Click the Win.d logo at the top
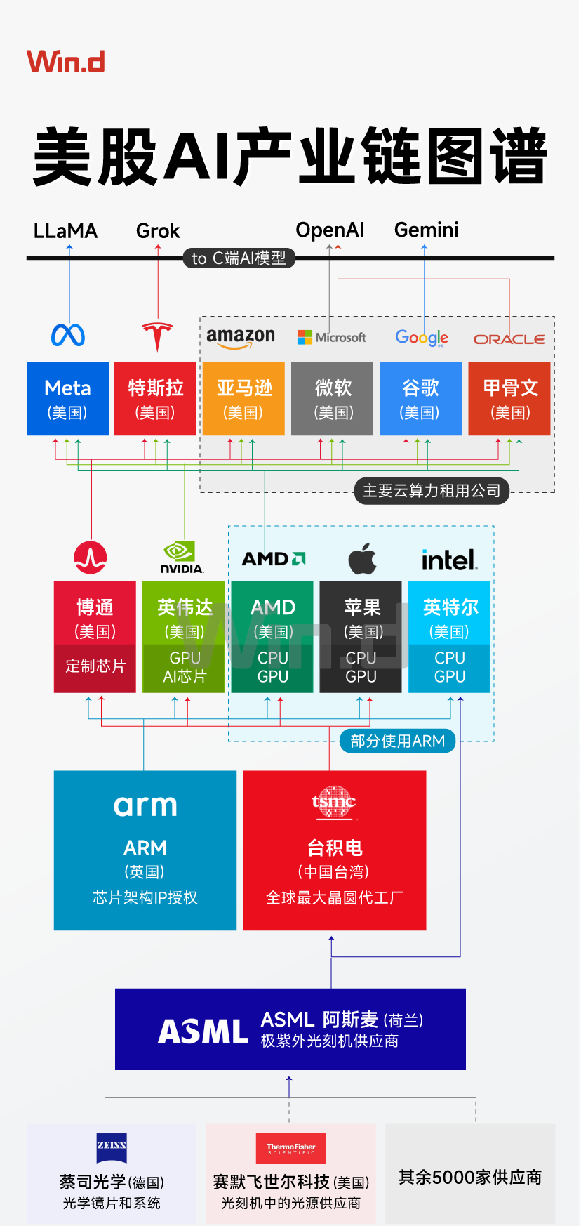click(x=66, y=62)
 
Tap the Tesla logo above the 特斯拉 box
click(x=157, y=336)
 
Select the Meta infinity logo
click(x=68, y=336)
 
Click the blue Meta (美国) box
click(x=68, y=398)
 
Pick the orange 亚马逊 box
click(x=243, y=398)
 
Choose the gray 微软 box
click(x=333, y=398)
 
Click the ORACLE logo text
click(x=509, y=339)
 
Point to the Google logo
click(x=421, y=338)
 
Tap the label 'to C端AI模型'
click(x=239, y=258)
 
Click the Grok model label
click(x=158, y=231)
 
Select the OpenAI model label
click(x=330, y=230)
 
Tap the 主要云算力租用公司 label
click(x=432, y=491)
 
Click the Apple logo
click(x=362, y=559)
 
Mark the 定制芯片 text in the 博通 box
click(x=95, y=666)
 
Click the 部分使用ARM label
click(x=397, y=741)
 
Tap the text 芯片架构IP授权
click(x=145, y=897)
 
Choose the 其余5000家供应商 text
click(x=470, y=1178)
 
